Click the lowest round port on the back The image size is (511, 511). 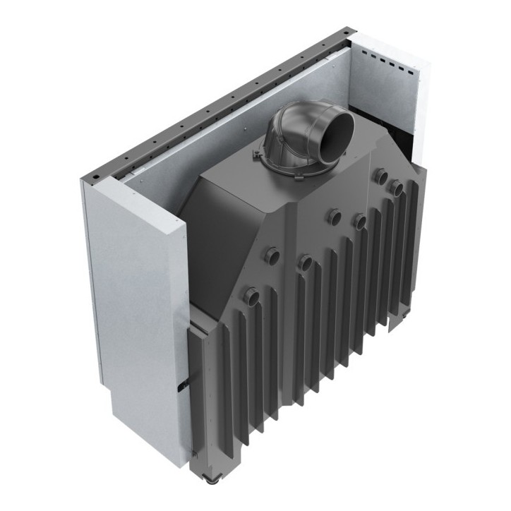pyautogui.click(x=250, y=296)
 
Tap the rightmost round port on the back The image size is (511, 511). pyautogui.click(x=397, y=187)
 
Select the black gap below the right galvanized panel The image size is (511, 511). pyautogui.click(x=405, y=141)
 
